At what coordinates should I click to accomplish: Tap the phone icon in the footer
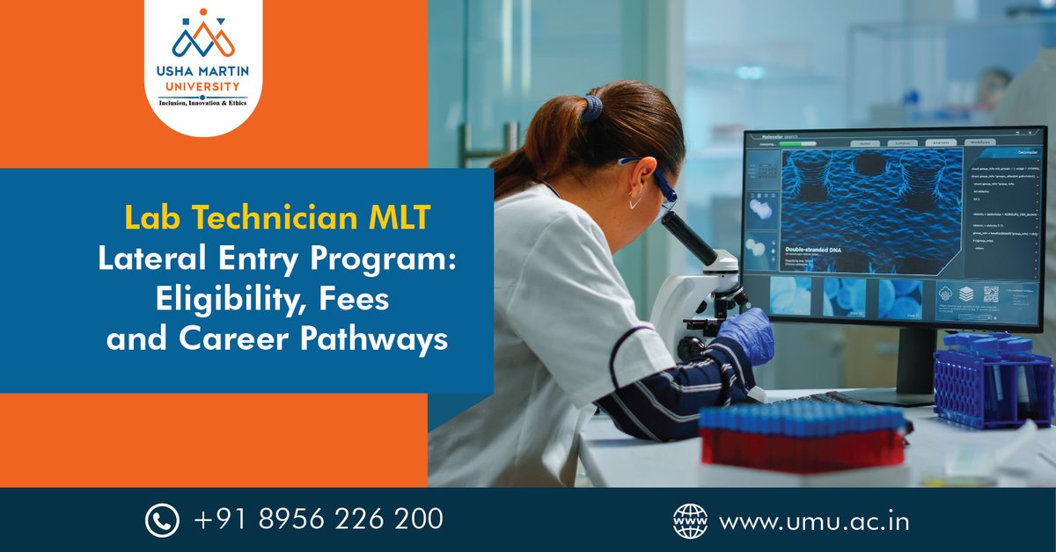[162, 519]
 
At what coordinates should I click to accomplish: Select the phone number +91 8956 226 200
[318, 519]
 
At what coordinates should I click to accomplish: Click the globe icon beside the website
[690, 519]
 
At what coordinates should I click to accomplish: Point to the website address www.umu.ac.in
[814, 520]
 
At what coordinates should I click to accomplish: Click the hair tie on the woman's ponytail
[595, 108]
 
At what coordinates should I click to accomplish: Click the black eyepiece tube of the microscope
[689, 237]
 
